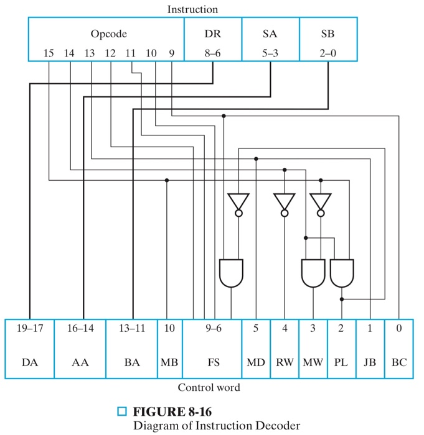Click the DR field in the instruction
tap(213, 34)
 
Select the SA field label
tap(270, 34)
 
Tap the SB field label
tap(327, 34)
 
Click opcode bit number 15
tap(49, 53)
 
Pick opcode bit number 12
tap(110, 53)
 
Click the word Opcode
tap(109, 34)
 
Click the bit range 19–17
tap(29, 329)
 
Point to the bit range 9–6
tap(212, 329)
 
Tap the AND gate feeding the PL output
tap(342, 272)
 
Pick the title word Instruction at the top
tap(192, 9)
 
